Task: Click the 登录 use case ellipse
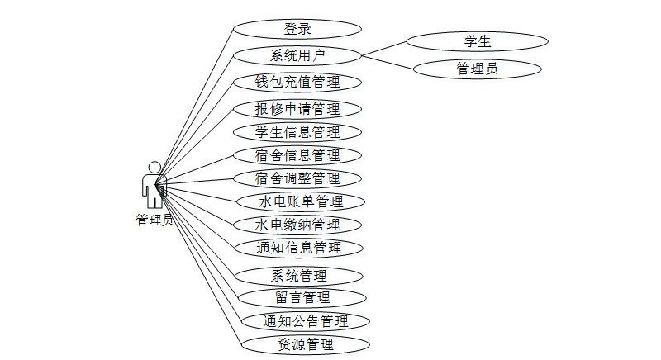pyautogui.click(x=297, y=29)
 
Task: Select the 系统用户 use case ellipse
pyautogui.click(x=297, y=55)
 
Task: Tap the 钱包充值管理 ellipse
pyautogui.click(x=297, y=82)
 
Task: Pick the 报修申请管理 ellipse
pyautogui.click(x=297, y=108)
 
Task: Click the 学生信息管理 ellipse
pyautogui.click(x=297, y=131)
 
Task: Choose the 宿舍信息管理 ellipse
pyautogui.click(x=297, y=154)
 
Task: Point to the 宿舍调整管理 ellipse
pyautogui.click(x=297, y=178)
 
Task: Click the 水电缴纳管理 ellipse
pyautogui.click(x=297, y=224)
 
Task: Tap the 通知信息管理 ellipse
pyautogui.click(x=297, y=247)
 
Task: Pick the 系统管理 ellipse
pyautogui.click(x=299, y=275)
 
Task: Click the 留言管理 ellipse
pyautogui.click(x=302, y=297)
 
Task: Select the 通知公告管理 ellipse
pyautogui.click(x=305, y=320)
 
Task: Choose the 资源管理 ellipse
pyautogui.click(x=305, y=343)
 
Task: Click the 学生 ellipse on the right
pyautogui.click(x=478, y=40)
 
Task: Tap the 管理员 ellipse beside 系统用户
pyautogui.click(x=478, y=69)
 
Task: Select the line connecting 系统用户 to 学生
pyautogui.click(x=384, y=48)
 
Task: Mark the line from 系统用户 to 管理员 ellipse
pyautogui.click(x=388, y=62)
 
